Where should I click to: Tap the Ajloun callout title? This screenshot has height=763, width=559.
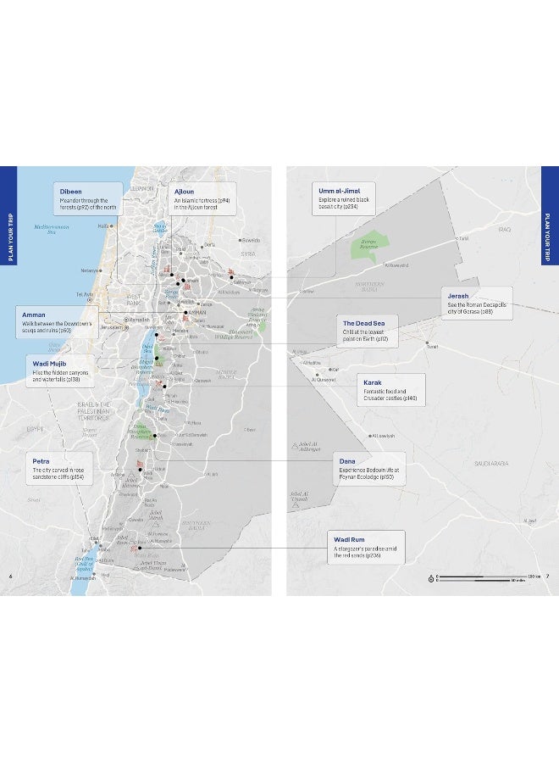[183, 191]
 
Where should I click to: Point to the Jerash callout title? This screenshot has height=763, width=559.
[458, 296]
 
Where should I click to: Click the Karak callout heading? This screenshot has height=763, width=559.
[373, 382]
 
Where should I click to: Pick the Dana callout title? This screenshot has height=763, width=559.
[347, 460]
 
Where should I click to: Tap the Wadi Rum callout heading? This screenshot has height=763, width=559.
[348, 538]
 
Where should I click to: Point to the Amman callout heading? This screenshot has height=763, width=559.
[34, 315]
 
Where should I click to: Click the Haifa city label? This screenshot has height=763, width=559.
[102, 226]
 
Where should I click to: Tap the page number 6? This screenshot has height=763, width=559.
[10, 577]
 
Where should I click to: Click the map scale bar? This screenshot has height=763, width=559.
[483, 576]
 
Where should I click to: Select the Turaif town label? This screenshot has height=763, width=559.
[434, 346]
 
